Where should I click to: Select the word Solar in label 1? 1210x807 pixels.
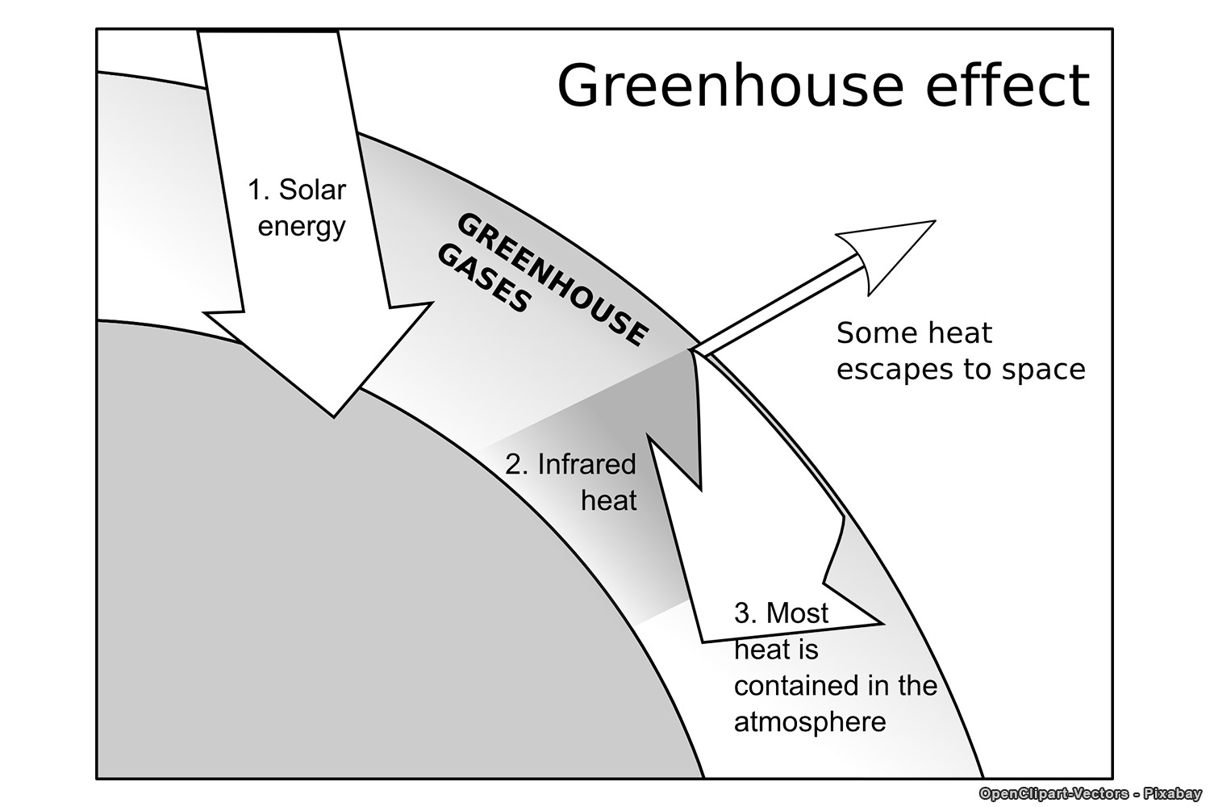312,190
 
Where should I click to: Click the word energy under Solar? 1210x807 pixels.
302,227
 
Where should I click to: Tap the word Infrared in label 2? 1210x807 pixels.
586,464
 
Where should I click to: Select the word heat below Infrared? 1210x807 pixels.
609,500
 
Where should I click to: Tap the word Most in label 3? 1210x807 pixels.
797,613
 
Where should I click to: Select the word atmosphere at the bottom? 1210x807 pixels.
810,721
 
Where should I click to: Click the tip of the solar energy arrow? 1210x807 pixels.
333,415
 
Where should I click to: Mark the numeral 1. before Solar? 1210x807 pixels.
258,190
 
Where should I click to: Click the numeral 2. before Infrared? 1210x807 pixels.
516,465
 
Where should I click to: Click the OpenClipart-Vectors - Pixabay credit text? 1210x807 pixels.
1090,794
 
